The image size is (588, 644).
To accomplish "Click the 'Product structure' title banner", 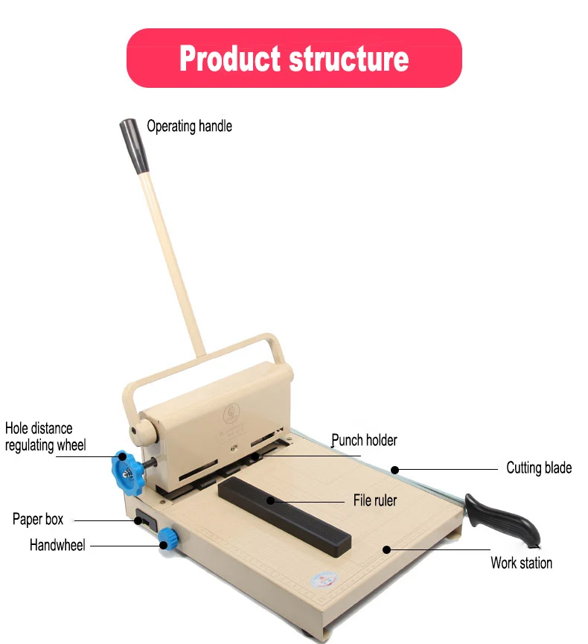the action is pos(294,58).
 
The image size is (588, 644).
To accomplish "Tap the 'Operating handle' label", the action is pos(189,126).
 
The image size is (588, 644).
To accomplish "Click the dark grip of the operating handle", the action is pos(134,146).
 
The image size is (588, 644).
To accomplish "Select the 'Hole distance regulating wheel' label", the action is pos(45,436).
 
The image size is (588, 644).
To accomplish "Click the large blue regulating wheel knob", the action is pos(127,472).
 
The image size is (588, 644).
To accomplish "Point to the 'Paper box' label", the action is pos(38,519).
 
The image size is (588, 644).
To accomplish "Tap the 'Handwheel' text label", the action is pos(57,545).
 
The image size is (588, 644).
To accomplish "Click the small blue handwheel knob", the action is pos(168,538).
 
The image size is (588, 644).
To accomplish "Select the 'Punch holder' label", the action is pos(364,440).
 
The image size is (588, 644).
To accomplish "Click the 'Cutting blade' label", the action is pos(539,468).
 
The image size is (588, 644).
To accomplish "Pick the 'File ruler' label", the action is pos(375,500).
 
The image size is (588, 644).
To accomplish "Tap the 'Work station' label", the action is pos(521,563).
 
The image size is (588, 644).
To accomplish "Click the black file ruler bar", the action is pos(284,516).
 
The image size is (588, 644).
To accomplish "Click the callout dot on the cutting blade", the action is pos(395,470).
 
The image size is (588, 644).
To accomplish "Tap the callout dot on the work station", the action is pos(386,549).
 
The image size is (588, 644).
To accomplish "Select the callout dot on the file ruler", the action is pos(271,500).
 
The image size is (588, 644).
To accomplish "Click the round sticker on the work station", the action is pos(325,580).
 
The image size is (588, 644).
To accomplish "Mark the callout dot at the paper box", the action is pos(138,521).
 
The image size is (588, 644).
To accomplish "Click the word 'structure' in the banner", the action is pos(349,58).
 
